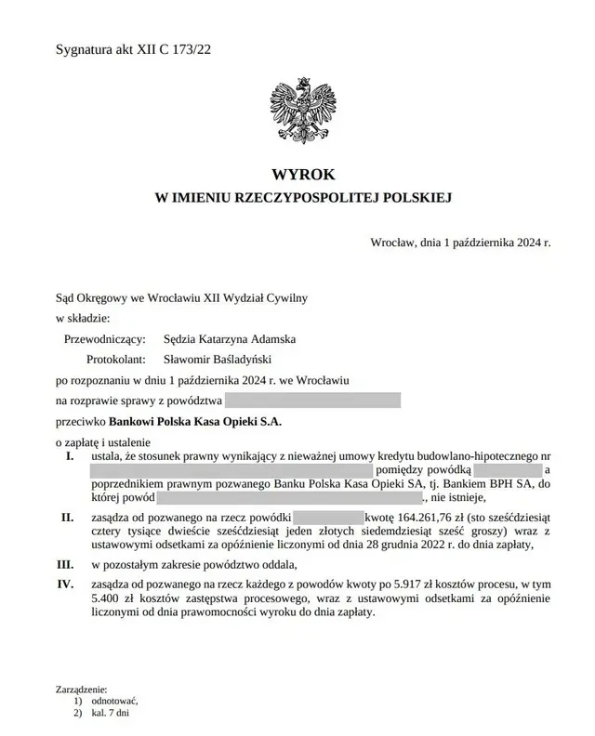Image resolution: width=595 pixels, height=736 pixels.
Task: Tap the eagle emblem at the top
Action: pos(300,110)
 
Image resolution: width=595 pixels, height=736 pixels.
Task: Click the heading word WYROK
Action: pos(302,174)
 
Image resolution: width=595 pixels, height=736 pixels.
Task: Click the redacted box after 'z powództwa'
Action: pos(312,401)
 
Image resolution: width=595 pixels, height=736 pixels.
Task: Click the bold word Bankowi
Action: pos(131,421)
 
